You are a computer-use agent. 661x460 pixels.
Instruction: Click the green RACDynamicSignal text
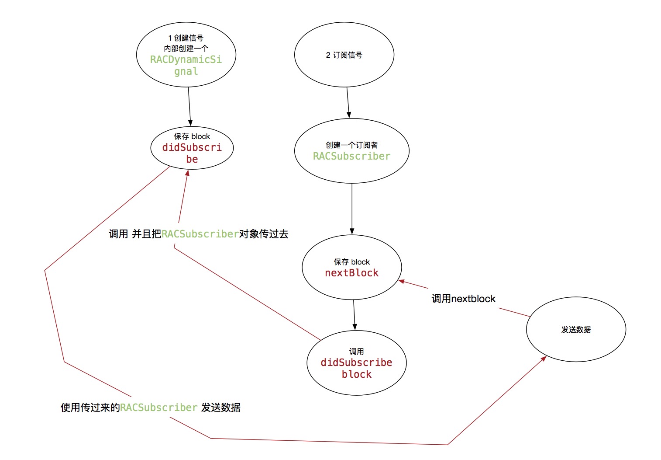pyautogui.click(x=186, y=65)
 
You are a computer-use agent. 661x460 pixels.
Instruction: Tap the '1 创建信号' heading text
pyautogui.click(x=186, y=38)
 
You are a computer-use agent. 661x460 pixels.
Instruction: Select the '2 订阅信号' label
pyautogui.click(x=344, y=55)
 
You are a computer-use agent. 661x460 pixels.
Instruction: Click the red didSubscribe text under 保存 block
pyautogui.click(x=192, y=153)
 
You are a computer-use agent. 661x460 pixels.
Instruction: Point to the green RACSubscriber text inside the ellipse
pyautogui.click(x=351, y=156)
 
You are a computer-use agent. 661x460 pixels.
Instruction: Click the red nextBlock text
pyautogui.click(x=351, y=273)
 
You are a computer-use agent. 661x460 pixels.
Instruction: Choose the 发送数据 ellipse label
pyautogui.click(x=576, y=330)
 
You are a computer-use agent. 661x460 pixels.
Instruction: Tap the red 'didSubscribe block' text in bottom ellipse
pyautogui.click(x=356, y=368)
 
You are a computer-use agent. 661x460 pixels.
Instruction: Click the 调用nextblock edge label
pyautogui.click(x=463, y=299)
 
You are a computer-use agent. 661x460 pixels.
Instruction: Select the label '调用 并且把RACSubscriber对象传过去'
pyautogui.click(x=199, y=234)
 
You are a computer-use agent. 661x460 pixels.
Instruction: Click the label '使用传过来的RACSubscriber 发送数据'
pyautogui.click(x=151, y=408)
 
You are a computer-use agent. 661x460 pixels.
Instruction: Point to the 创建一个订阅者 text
pyautogui.click(x=351, y=145)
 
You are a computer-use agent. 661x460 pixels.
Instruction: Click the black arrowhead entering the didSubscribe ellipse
pyautogui.click(x=190, y=123)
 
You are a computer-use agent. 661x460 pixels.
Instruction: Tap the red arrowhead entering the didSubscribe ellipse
pyautogui.click(x=187, y=173)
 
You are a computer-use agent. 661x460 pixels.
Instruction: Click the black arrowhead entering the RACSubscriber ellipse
pyautogui.click(x=349, y=115)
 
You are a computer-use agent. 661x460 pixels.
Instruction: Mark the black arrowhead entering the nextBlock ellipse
pyautogui.click(x=352, y=231)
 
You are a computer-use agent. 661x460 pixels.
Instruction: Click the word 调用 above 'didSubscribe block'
pyautogui.click(x=356, y=352)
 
